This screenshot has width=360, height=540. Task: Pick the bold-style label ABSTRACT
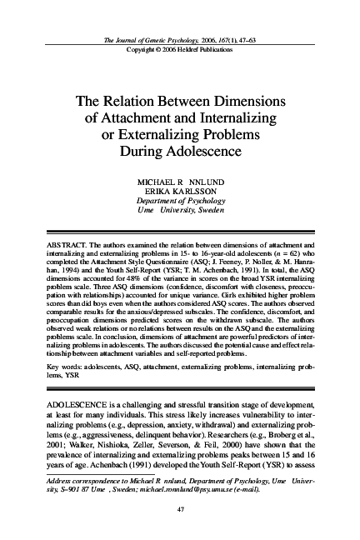point(61,247)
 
